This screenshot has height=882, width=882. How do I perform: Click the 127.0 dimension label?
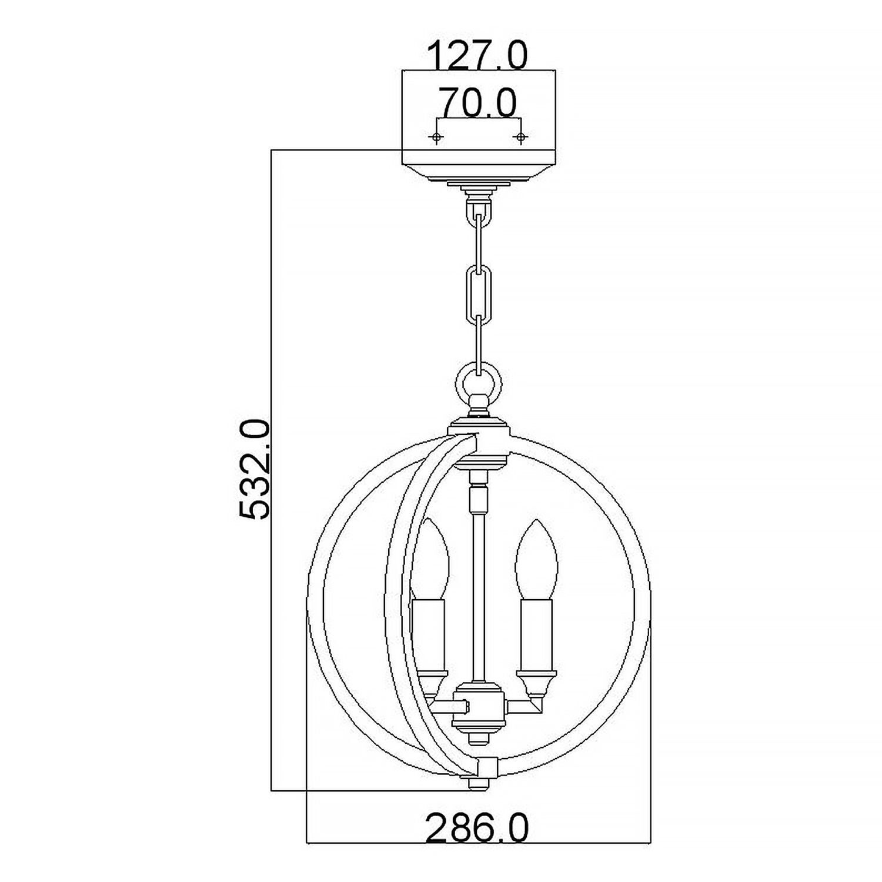pyautogui.click(x=477, y=56)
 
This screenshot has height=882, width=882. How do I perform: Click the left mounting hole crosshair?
pyautogui.click(x=436, y=137)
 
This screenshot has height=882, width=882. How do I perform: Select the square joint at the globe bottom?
pyautogui.click(x=487, y=766)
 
